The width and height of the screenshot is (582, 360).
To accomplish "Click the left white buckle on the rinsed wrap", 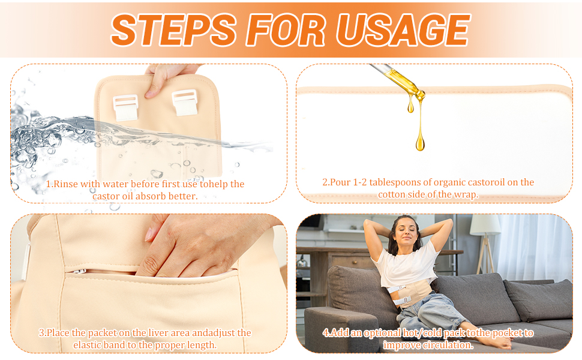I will [126, 107].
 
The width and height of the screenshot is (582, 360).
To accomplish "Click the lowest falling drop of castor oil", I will [420, 143].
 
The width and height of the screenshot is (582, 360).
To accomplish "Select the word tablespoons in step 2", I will [394, 182].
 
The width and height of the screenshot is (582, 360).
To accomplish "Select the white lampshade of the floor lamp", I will [485, 224].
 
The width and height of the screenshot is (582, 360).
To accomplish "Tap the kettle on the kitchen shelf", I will [302, 261].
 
